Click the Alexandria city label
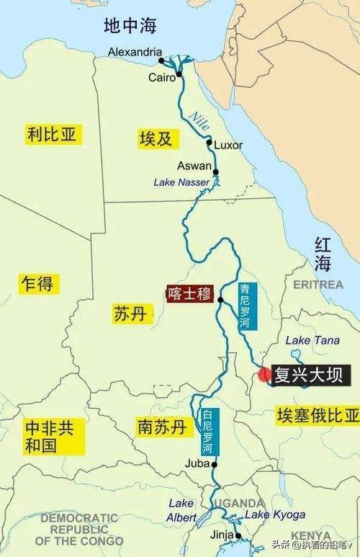(x=134, y=52)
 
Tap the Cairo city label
(x=163, y=76)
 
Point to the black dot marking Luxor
(x=209, y=143)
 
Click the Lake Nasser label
(x=181, y=182)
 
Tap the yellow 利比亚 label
(x=52, y=134)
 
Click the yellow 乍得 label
(x=37, y=283)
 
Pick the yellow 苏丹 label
(x=130, y=313)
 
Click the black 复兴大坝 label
(x=310, y=375)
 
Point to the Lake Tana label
(x=308, y=340)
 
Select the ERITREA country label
(x=318, y=285)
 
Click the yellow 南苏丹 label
(x=161, y=427)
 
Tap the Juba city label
(x=197, y=463)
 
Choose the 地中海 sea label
(x=130, y=27)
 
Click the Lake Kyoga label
(x=275, y=514)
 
